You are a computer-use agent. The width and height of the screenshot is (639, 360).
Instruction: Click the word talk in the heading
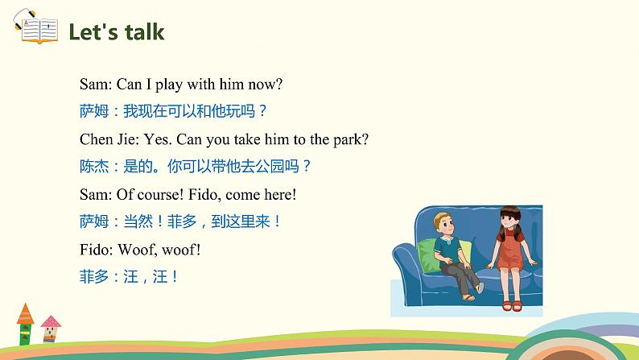(x=144, y=31)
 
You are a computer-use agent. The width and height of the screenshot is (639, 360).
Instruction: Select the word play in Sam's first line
(x=169, y=85)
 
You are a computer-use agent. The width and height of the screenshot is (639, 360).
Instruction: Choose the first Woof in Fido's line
(x=136, y=250)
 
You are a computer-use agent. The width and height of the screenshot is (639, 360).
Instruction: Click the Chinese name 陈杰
(x=94, y=167)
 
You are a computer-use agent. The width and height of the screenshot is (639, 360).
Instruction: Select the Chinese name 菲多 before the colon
(x=94, y=277)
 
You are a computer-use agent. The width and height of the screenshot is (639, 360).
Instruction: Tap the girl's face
(x=508, y=221)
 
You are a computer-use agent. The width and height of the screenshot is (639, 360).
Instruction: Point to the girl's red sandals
(x=512, y=305)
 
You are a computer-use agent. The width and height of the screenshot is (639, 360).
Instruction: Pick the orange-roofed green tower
(x=25, y=324)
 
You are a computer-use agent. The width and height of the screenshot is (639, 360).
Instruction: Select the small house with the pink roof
(x=51, y=329)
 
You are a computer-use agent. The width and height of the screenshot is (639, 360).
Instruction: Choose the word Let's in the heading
(x=93, y=31)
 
